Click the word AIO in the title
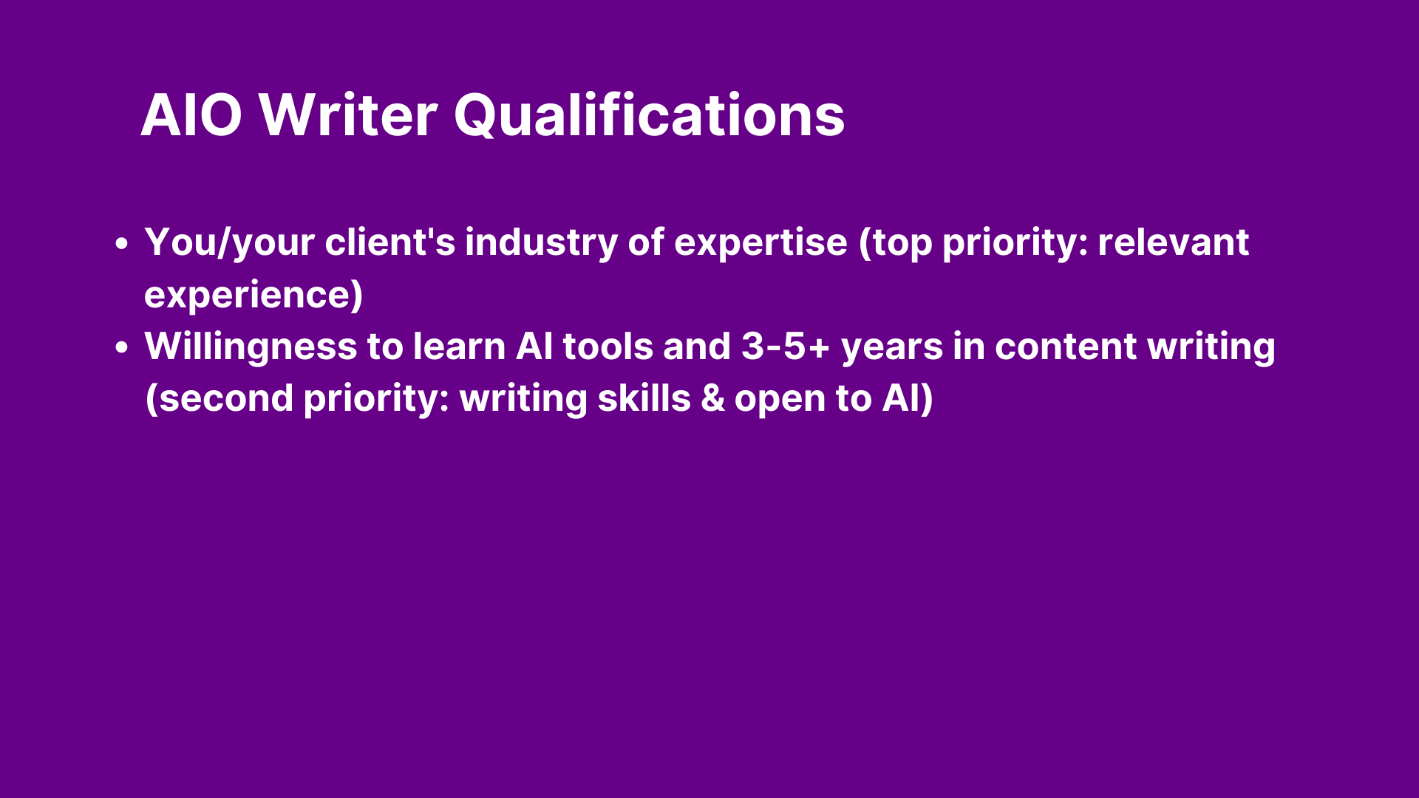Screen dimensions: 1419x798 coord(191,115)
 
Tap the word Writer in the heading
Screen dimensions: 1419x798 coord(348,115)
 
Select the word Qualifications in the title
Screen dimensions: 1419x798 coord(650,115)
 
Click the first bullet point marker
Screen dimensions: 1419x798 coord(123,243)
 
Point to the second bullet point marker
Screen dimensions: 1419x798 coord(123,347)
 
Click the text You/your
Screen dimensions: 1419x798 coord(230,242)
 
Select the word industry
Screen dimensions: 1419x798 coord(542,242)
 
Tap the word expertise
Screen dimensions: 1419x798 coord(761,244)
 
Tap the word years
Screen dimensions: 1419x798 coord(892,349)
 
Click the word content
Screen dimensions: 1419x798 coord(1066,347)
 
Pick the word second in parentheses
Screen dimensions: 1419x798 coord(226,398)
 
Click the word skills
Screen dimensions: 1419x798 coord(644,398)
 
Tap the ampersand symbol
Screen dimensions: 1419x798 coord(712,398)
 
